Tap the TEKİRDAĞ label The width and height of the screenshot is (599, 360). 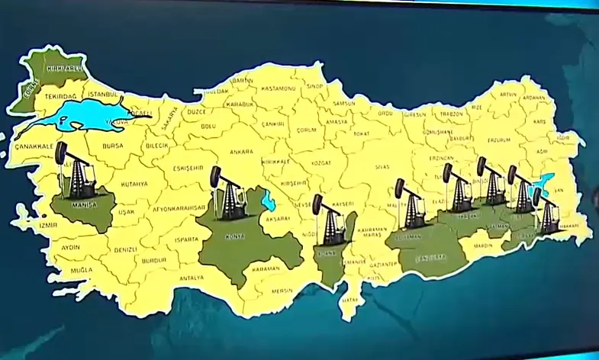coord(58,98)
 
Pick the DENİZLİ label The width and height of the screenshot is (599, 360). coord(124,249)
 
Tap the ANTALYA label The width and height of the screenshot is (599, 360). coord(192,278)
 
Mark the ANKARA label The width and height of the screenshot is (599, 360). coord(240,152)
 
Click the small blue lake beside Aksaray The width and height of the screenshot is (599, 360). coord(268,201)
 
